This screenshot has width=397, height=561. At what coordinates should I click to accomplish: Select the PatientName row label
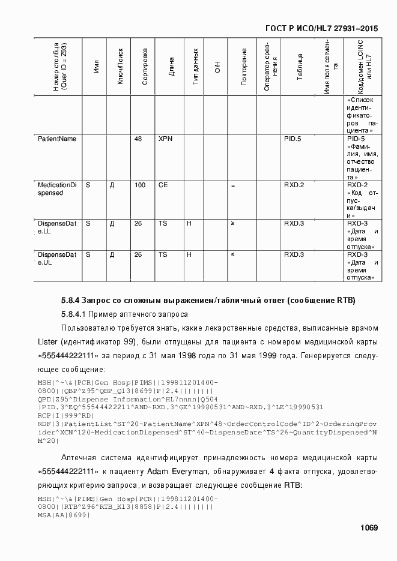pyautogui.click(x=57, y=139)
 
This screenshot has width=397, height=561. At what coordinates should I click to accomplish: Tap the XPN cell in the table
pyautogui.click(x=165, y=139)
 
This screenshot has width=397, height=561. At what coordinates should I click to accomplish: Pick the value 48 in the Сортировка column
pyautogui.click(x=138, y=139)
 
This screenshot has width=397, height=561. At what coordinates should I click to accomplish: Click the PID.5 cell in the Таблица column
pyautogui.click(x=292, y=139)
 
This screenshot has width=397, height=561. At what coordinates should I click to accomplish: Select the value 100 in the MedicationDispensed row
pyautogui.click(x=140, y=185)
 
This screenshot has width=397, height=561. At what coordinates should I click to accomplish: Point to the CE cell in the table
pyautogui.click(x=163, y=185)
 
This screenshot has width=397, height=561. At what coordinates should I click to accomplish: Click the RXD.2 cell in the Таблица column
pyautogui.click(x=294, y=185)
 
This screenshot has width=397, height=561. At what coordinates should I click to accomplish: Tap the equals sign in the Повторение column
pyautogui.click(x=232, y=185)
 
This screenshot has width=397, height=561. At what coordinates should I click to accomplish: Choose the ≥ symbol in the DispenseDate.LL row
pyautogui.click(x=232, y=223)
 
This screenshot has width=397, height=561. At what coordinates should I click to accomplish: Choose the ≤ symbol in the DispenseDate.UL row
pyautogui.click(x=232, y=254)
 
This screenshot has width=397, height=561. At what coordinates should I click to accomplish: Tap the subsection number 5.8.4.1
pyautogui.click(x=74, y=314)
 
